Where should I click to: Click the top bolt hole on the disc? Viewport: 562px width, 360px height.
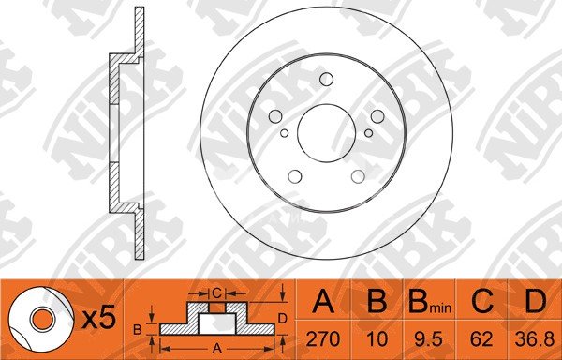(x=326, y=80)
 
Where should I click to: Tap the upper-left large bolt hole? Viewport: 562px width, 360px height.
(x=275, y=116)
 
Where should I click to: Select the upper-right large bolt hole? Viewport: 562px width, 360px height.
(x=377, y=116)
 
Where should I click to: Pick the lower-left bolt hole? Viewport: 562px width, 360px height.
(x=295, y=176)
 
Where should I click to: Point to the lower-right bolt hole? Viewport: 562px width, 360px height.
(x=358, y=176)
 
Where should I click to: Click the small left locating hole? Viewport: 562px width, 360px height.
(x=284, y=133)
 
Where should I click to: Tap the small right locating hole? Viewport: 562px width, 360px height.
(x=368, y=133)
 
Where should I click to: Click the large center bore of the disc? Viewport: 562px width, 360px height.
(x=326, y=133)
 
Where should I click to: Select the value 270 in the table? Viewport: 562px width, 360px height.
(x=323, y=338)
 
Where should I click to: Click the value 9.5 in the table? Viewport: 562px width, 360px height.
(x=429, y=338)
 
